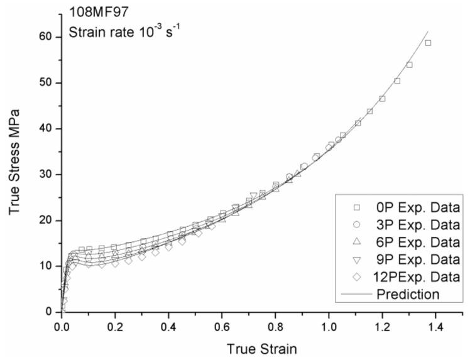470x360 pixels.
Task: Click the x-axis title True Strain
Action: pos(263,347)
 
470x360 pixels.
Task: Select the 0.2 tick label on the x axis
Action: pos(115,327)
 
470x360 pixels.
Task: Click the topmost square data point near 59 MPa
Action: pos(428,43)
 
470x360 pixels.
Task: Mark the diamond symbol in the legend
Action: pos(356,276)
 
